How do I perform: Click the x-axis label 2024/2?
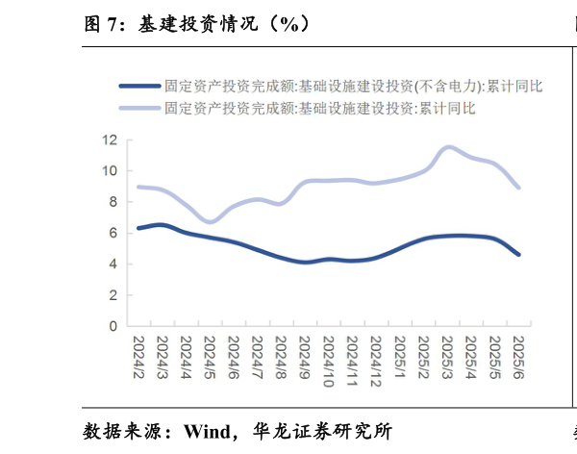tap(138, 356)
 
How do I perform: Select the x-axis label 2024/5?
tap(210, 356)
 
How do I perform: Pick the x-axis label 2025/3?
tap(447, 356)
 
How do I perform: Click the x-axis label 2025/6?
tap(518, 356)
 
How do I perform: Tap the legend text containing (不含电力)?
tap(353, 86)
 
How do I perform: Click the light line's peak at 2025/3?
tap(448, 147)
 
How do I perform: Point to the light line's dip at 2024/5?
tap(212, 221)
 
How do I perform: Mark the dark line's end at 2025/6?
tap(519, 255)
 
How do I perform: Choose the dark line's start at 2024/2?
tap(138, 228)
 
